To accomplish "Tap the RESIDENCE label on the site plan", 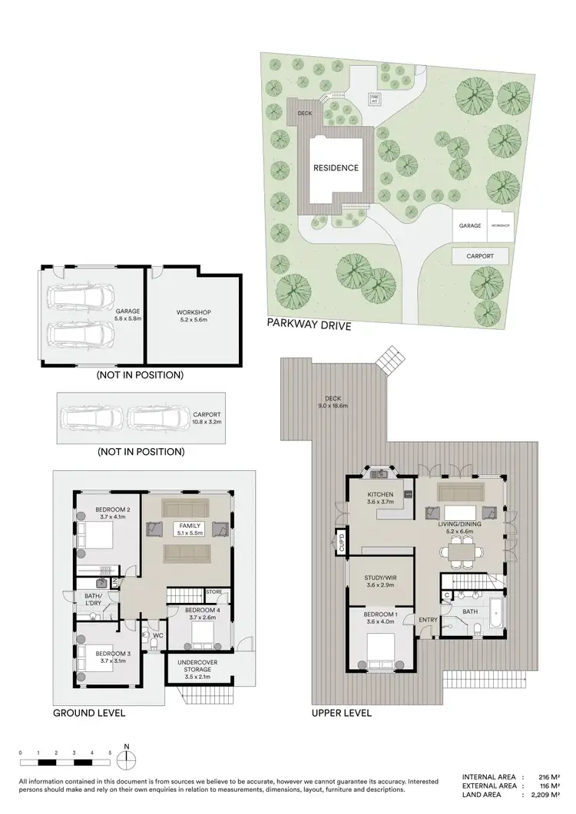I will pyautogui.click(x=335, y=167).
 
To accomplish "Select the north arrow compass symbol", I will pyautogui.click(x=127, y=759).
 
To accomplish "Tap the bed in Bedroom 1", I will pyautogui.click(x=380, y=654).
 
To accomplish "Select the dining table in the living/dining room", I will pyautogui.click(x=462, y=549).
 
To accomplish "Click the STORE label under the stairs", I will pyautogui.click(x=214, y=592).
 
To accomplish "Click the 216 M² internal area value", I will pyautogui.click(x=550, y=777).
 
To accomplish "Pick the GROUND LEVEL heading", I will pyautogui.click(x=88, y=713).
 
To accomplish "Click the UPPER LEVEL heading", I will pyautogui.click(x=341, y=713).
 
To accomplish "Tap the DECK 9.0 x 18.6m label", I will pyautogui.click(x=332, y=402).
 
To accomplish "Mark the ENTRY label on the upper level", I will pyautogui.click(x=427, y=620).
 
